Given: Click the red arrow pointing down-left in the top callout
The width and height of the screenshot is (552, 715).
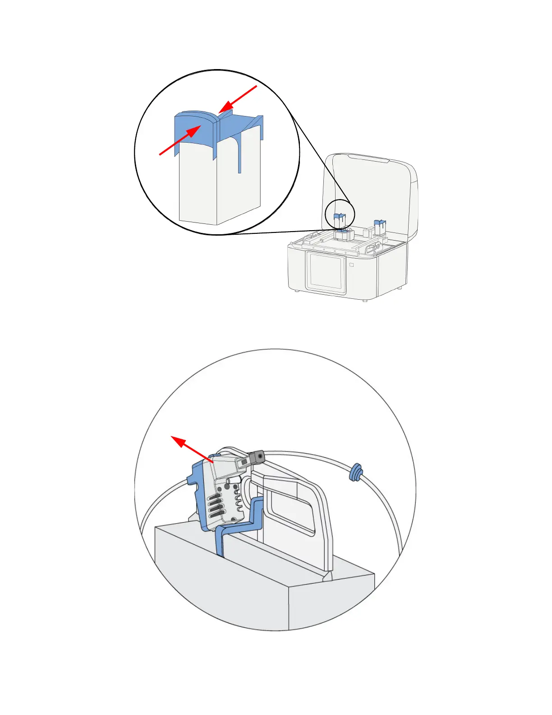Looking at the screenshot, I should (x=238, y=99).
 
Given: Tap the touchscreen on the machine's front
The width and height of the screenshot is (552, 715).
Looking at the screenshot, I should (x=326, y=271).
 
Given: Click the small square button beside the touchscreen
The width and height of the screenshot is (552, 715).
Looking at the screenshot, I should (x=352, y=265).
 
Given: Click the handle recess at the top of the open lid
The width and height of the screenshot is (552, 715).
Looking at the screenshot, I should (x=368, y=158).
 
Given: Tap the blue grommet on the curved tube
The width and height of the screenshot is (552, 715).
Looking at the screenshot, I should (x=356, y=472).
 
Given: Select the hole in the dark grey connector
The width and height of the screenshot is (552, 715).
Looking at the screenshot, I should (x=260, y=456).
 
